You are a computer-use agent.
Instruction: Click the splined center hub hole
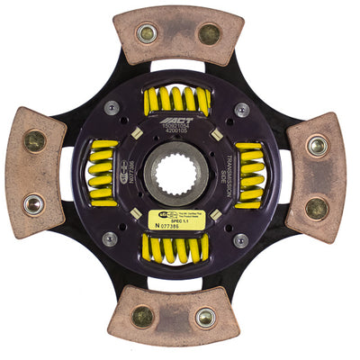pyautogui.click(x=176, y=169)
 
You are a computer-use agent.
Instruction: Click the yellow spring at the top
pyautogui.click(x=176, y=99)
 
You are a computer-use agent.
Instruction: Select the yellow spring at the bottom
pyautogui.click(x=176, y=246)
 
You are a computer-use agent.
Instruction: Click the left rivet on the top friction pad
pyautogui.click(x=145, y=34)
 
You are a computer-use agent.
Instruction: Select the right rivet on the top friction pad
pyautogui.click(x=209, y=34)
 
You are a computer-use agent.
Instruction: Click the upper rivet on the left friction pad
pyautogui.click(x=34, y=140)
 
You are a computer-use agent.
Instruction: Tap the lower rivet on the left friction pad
pyautogui.click(x=34, y=204)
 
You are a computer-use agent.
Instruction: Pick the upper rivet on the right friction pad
pyautogui.click(x=318, y=145)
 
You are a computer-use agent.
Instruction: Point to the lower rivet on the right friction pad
pyautogui.click(x=317, y=208)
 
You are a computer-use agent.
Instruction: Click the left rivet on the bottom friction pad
pyautogui.click(x=142, y=316)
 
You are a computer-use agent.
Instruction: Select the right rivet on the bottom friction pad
pyautogui.click(x=206, y=317)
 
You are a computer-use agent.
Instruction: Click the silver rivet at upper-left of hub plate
pyautogui.click(x=111, y=108)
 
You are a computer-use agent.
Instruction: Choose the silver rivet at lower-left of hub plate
pyautogui.click(x=110, y=238)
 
